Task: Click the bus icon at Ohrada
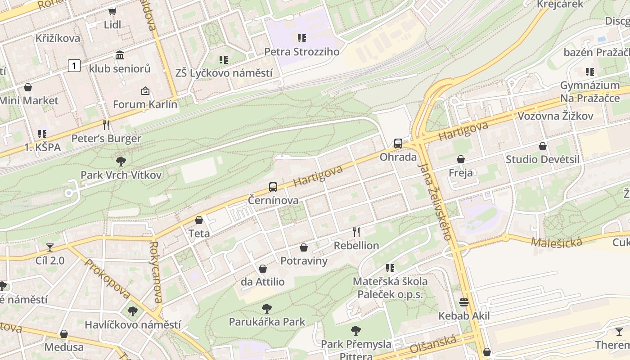(398, 144)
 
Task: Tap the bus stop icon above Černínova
(273, 187)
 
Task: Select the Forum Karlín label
(145, 105)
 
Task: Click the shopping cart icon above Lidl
(112, 11)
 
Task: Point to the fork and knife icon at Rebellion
(356, 232)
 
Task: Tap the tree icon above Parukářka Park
(267, 309)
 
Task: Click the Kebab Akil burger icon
(464, 302)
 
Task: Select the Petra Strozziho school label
(301, 52)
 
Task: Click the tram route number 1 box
(74, 66)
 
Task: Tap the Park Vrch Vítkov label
(121, 175)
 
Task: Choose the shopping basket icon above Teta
(199, 220)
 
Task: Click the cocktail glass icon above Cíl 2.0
(50, 247)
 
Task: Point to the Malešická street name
(556, 242)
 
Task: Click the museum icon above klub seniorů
(120, 55)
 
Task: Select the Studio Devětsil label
(543, 159)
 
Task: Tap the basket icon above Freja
(461, 159)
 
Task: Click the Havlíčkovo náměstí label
(133, 324)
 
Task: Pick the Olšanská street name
(433, 346)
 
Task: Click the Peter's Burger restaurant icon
(106, 125)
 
